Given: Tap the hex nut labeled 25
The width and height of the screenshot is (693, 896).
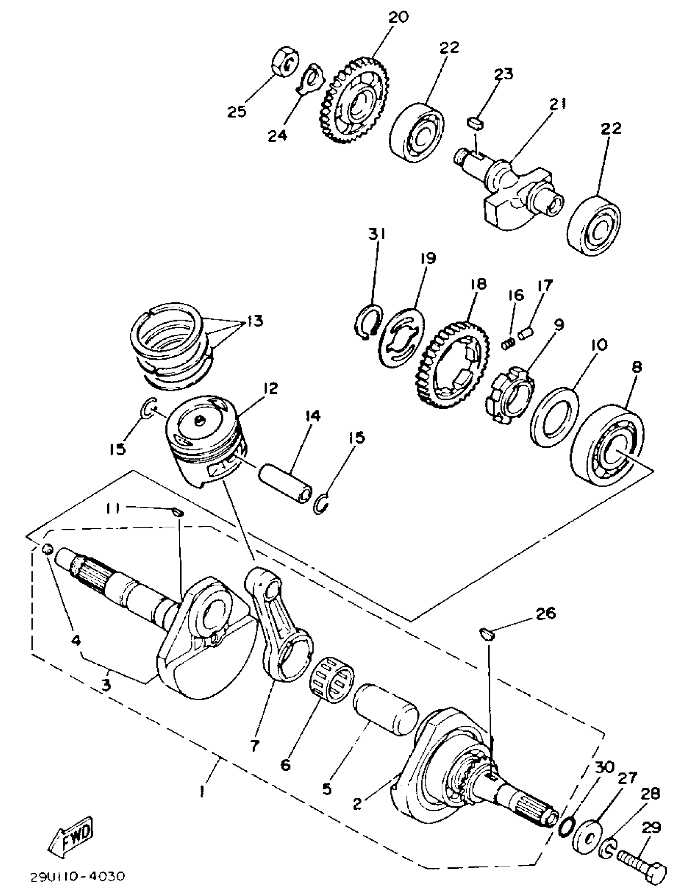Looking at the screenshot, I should point(286,63).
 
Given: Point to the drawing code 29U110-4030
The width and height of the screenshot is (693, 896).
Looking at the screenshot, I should point(77,877).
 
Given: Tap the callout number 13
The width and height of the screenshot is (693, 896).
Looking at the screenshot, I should point(254,321).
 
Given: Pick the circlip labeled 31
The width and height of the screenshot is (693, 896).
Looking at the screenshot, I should point(368,322).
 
